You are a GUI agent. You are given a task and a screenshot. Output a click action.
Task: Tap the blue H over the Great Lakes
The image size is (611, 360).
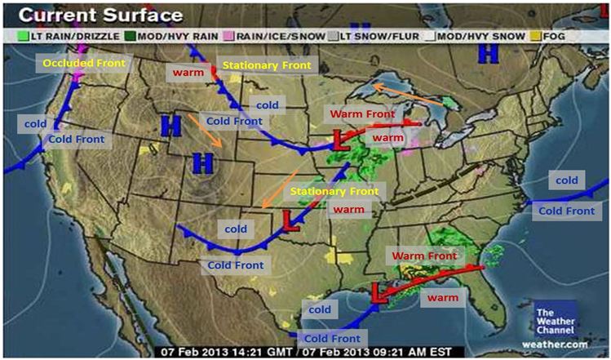[x=488, y=54]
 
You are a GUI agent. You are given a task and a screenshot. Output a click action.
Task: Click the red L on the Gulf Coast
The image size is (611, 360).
[x=380, y=291]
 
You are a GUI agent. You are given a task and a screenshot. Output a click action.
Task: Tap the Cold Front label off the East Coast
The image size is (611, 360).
[x=566, y=211]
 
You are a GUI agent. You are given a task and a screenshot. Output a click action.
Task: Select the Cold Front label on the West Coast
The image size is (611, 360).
[x=76, y=140]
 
